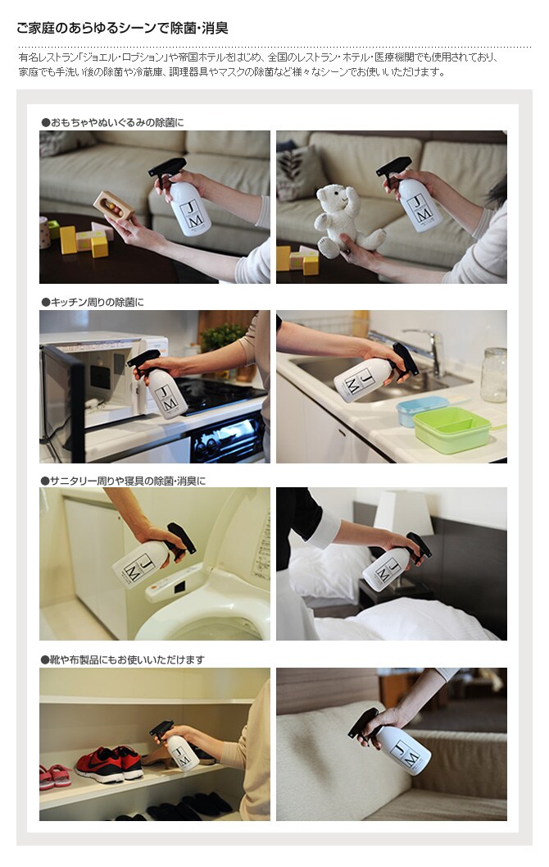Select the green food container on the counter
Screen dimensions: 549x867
pos(451,430)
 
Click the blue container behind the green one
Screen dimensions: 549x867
pos(421,410)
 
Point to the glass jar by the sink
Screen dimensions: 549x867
pos(493,374)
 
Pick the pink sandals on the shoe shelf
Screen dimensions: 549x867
pos(55,776)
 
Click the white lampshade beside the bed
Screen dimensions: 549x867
pos(402,511)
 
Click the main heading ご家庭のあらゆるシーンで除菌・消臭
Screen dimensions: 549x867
pos(122,28)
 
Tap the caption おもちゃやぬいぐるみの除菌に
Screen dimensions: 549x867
pos(113,122)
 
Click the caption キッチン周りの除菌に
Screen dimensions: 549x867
pos(93,302)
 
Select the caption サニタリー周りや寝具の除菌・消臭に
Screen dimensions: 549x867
pos(123,481)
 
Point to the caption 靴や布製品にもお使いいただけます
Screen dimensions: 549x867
pos(123,659)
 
